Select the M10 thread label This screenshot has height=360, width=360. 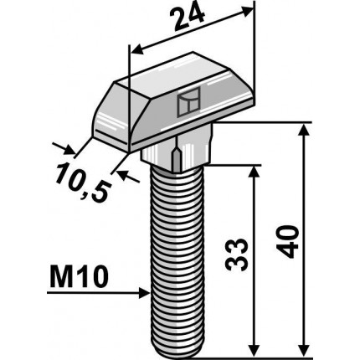79,277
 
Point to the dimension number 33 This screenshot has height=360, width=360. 237,255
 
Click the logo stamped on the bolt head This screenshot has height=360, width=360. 189,101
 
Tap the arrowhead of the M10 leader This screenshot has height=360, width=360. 144,293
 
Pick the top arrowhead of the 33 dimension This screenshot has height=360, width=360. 253,173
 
